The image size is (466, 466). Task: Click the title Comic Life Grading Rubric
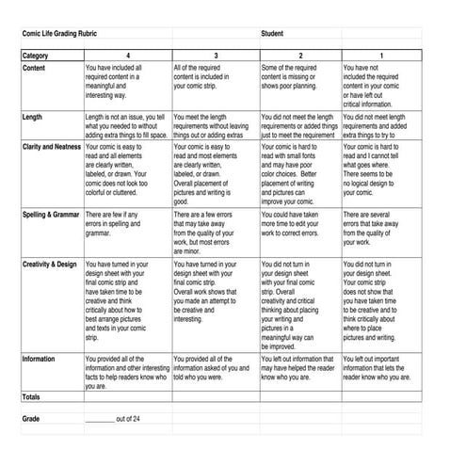(58, 33)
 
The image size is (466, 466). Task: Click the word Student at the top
(273, 33)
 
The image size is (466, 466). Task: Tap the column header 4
(128, 56)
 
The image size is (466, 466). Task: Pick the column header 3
(216, 56)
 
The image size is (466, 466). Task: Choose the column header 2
(300, 56)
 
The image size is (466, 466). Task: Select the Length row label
(32, 118)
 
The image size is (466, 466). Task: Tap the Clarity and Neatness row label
(51, 148)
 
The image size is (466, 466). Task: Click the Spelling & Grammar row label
(51, 216)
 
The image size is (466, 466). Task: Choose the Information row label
(39, 359)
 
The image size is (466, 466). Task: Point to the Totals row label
(31, 396)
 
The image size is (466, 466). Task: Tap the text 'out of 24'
(128, 417)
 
